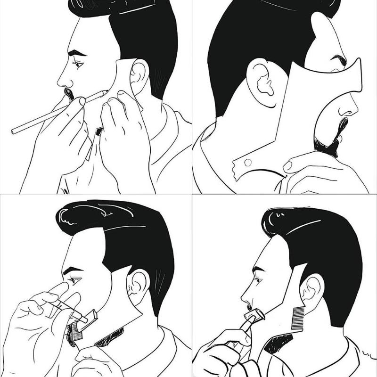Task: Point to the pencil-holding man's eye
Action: [x=77, y=63]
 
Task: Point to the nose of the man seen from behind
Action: [x=349, y=110]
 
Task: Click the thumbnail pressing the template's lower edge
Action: [x=288, y=165]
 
